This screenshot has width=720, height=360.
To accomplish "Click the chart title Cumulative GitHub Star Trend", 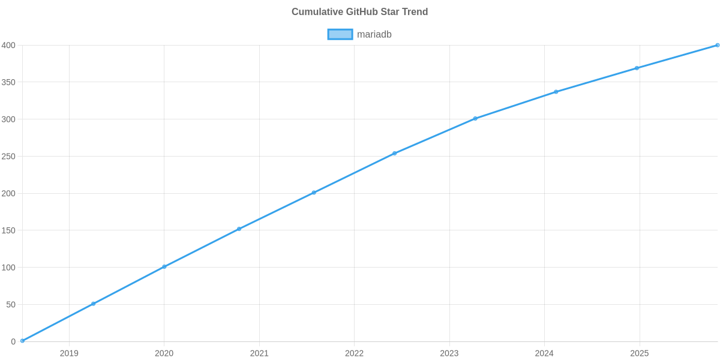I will tap(359, 12).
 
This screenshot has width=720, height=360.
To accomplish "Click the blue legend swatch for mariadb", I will tap(340, 34).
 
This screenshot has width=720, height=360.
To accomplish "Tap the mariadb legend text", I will tap(374, 34).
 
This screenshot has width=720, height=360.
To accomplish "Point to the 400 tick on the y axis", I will tap(8, 46).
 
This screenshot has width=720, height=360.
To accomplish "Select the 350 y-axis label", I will tap(8, 83).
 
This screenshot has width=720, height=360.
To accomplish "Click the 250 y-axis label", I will tap(8, 157).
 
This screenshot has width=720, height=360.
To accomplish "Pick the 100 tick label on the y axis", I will tap(8, 268).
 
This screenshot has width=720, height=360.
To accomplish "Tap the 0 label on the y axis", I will tap(13, 341).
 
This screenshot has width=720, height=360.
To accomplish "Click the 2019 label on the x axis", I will tap(69, 353).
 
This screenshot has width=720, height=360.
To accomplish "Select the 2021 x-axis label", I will tap(259, 353).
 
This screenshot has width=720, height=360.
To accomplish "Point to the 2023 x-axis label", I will tap(449, 353).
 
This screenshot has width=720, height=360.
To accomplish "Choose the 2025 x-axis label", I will tap(639, 353).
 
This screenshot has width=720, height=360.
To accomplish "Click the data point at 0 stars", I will tap(22, 341).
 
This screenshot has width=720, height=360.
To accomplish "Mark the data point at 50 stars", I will tap(93, 304).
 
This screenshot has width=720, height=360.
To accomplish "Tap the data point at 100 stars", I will tap(164, 266).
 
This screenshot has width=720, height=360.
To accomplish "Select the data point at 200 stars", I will tap(313, 193).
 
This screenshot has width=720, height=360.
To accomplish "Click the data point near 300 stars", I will tap(475, 118).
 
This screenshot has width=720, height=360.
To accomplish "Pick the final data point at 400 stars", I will tap(717, 45).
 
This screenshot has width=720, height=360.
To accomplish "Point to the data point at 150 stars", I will tap(239, 229).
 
